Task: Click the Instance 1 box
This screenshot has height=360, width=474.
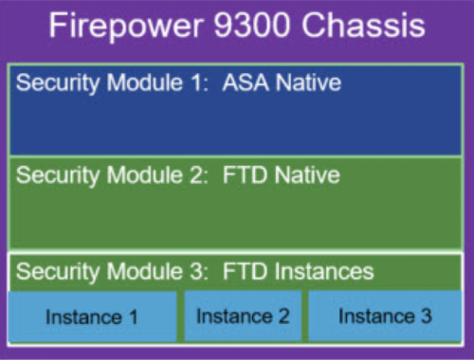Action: pyautogui.click(x=93, y=316)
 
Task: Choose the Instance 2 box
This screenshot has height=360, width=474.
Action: pyautogui.click(x=243, y=316)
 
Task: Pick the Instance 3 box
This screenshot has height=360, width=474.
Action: pyautogui.click(x=385, y=316)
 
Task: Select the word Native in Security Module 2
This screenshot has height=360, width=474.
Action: pyautogui.click(x=306, y=175)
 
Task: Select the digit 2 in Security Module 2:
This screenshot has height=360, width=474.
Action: pyautogui.click(x=195, y=175)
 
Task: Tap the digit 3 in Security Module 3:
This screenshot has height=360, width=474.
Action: pyautogui.click(x=195, y=272)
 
